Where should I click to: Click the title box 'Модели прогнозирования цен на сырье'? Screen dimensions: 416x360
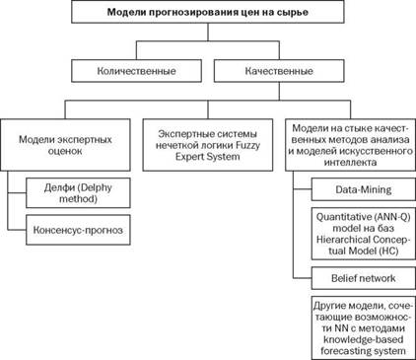[x=208, y=12]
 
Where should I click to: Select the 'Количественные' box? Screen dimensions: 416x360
[x=136, y=71]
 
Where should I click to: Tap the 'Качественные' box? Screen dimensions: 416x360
[x=279, y=71]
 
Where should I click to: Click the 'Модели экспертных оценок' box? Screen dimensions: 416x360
[x=65, y=145]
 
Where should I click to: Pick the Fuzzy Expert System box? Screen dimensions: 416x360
[x=208, y=145]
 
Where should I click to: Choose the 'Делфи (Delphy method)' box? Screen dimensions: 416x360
[x=78, y=193]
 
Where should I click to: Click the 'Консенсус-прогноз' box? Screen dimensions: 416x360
[x=78, y=230]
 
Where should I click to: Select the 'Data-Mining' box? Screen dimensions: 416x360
[x=364, y=189]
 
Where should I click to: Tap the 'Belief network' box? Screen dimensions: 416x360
[x=364, y=278]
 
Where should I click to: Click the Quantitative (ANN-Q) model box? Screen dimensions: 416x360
[x=364, y=234]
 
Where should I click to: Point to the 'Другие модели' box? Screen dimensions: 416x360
[x=364, y=327]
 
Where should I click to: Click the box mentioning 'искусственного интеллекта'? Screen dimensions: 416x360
[x=350, y=145]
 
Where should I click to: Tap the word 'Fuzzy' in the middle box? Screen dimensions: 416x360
[x=247, y=145]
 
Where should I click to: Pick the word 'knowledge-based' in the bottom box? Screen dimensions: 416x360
[x=364, y=339]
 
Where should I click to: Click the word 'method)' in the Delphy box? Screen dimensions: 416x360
[x=78, y=199]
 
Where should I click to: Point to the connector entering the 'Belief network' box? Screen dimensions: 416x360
[x=302, y=278]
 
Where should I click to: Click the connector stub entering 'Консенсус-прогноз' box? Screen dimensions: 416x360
[x=17, y=230]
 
